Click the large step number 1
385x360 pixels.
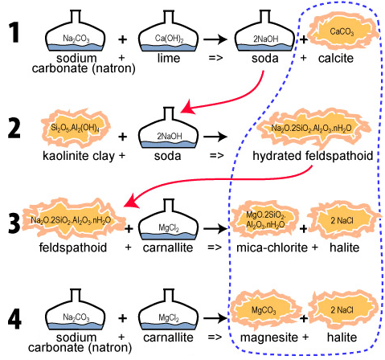(14, 33)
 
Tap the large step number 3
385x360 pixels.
(14, 223)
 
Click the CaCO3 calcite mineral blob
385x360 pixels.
(342, 32)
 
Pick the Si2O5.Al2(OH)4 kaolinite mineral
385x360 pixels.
(76, 129)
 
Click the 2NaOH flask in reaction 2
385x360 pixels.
(169, 128)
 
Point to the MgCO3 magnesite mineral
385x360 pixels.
(264, 309)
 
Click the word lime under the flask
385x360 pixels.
(169, 58)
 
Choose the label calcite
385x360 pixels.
(336, 58)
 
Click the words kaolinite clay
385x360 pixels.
(79, 156)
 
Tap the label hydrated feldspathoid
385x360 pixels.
(313, 156)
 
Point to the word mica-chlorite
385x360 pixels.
(272, 247)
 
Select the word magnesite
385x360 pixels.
(268, 337)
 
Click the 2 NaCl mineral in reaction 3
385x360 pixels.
(342, 220)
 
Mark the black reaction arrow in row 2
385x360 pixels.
(215, 137)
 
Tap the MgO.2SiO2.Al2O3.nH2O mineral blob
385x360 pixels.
(264, 219)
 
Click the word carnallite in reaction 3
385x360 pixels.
(168, 247)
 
